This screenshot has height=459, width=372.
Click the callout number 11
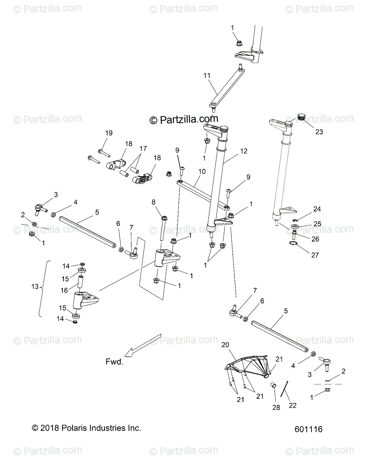tap(207, 76)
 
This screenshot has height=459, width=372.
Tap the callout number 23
tap(319, 132)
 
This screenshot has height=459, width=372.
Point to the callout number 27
tap(315, 255)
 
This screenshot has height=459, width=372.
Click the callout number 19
tap(109, 133)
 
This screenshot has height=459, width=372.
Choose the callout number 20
tap(236, 345)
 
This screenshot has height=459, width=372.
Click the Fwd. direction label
tap(115, 361)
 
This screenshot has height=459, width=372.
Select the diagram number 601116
tap(309, 429)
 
